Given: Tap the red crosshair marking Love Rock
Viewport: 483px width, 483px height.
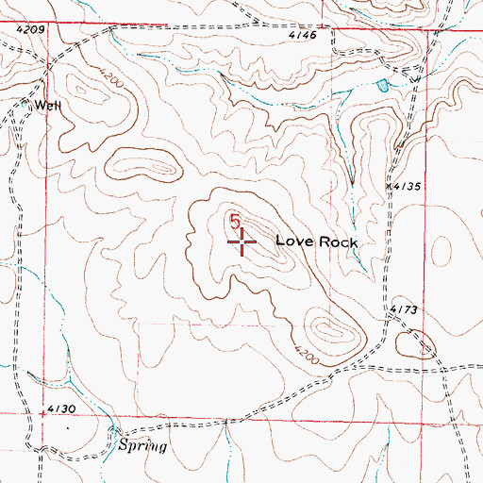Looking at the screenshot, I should [243, 242].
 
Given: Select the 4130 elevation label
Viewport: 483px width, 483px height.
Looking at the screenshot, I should [61, 408].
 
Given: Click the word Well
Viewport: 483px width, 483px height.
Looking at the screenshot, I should [49, 106].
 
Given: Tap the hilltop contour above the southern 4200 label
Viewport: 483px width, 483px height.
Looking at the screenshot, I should [330, 329].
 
